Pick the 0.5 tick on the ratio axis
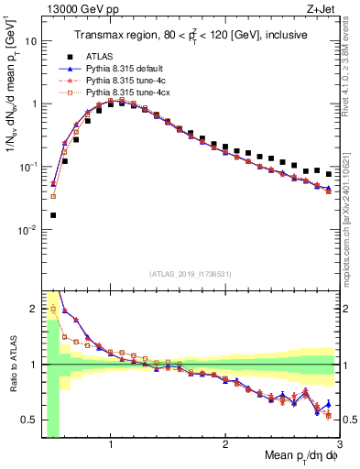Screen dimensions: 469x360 pyautogui.click(x=27, y=420)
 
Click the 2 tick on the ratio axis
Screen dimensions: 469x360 pyautogui.click(x=33, y=308)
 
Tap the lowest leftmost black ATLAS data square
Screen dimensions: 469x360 pyautogui.click(x=53, y=215)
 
